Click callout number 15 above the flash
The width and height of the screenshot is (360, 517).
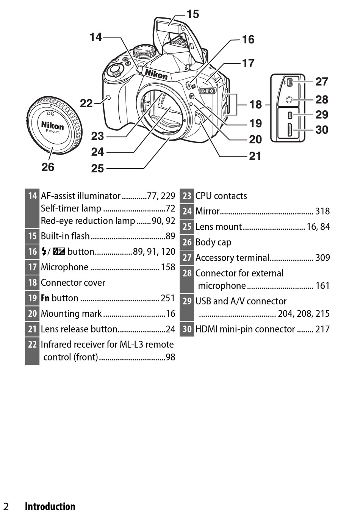pos(193,14)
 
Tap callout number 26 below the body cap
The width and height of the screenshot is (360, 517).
pos(48,167)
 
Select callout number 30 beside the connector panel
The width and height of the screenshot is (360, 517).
pos(322,130)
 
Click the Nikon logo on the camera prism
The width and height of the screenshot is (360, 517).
pos(156,74)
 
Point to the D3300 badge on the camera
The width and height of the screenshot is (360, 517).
pos(207,91)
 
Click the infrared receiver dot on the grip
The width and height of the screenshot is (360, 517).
pos(108,98)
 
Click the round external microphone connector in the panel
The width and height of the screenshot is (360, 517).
pos(289,100)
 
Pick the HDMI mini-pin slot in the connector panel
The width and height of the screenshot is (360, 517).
pos(290,130)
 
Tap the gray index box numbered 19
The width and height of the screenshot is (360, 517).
pos(32,298)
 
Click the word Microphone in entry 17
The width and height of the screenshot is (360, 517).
pos(65,267)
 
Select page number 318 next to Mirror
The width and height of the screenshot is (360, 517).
pos(322,211)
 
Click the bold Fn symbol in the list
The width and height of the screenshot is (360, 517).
pos(45,298)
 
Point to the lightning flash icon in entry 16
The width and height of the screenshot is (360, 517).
pos(44,252)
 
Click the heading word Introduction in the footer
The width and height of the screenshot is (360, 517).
pos(50,506)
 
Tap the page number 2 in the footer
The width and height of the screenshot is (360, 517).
pos(6,507)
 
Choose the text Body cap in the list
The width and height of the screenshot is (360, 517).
pos(213,243)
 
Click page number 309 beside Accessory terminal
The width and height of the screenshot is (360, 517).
pos(322,258)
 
